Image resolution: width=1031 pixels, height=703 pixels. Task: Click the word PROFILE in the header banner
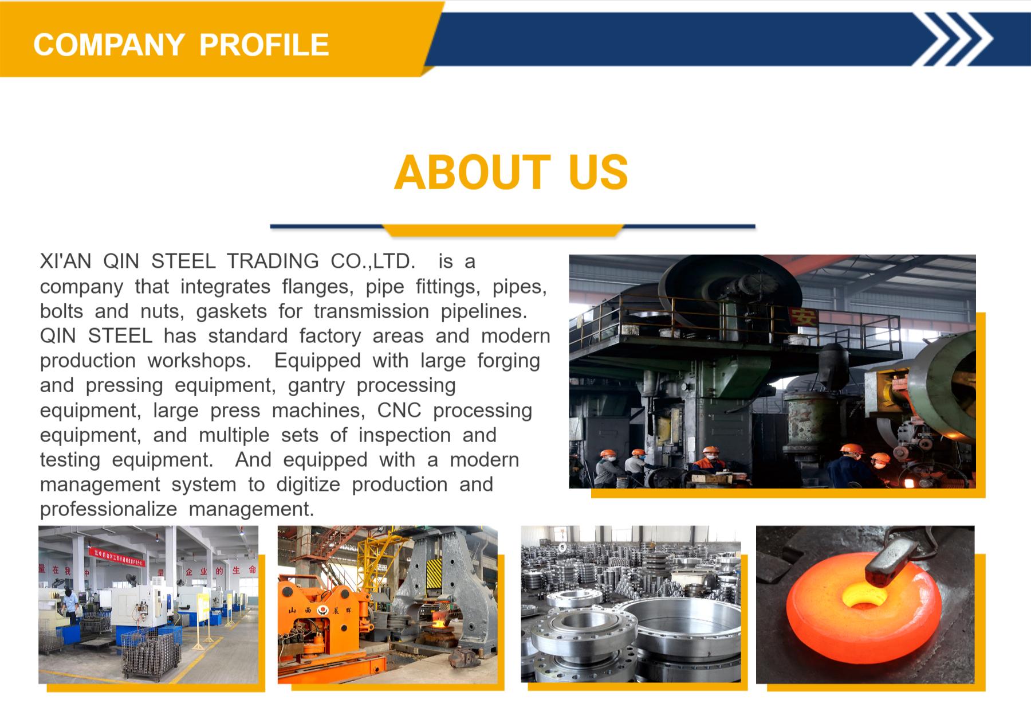tap(264, 45)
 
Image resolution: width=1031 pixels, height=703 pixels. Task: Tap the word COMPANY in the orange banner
tap(109, 45)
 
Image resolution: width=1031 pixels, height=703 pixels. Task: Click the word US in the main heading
tap(599, 172)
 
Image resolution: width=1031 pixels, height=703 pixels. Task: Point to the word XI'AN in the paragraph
tap(65, 261)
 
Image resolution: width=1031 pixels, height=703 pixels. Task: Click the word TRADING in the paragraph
tap(273, 261)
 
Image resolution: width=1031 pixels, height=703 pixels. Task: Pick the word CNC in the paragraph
tap(399, 411)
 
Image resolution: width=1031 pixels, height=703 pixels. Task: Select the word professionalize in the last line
tap(108, 509)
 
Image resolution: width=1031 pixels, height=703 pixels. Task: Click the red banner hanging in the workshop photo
tap(116, 556)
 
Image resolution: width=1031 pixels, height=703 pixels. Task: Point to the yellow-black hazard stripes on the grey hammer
tap(434, 572)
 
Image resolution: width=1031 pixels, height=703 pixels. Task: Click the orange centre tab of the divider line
tap(503, 231)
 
